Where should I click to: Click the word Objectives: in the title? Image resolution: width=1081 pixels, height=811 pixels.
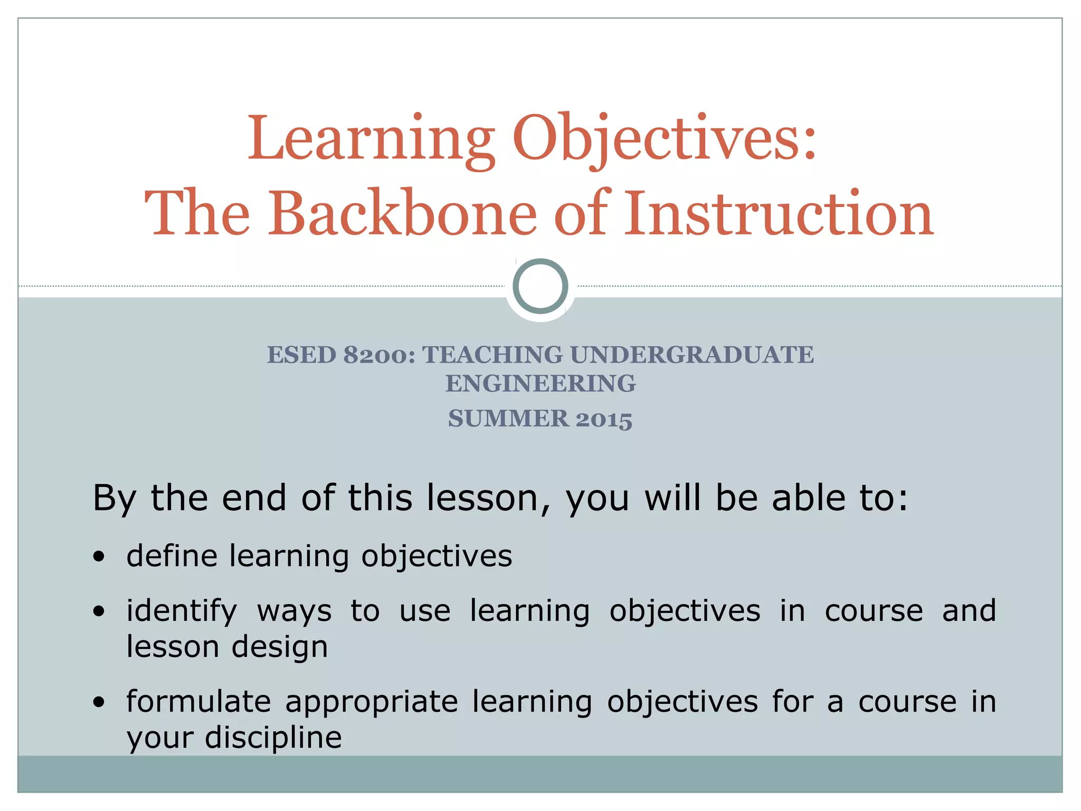(665, 139)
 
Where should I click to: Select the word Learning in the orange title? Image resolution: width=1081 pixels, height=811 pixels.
(371, 139)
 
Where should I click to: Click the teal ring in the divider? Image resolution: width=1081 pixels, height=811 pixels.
(540, 286)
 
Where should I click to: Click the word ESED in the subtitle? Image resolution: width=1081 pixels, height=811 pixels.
(301, 355)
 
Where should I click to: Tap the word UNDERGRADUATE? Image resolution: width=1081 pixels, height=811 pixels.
(691, 355)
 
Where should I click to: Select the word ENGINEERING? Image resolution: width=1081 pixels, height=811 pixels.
(540, 384)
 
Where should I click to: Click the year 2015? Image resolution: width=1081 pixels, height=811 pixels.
(604, 419)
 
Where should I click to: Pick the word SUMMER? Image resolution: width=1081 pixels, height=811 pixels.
(508, 419)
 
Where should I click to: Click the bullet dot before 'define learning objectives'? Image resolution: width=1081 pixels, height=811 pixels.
(99, 557)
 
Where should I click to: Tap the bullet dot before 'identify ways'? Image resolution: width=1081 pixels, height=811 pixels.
(99, 611)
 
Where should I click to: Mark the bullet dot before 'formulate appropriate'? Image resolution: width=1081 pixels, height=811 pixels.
(99, 702)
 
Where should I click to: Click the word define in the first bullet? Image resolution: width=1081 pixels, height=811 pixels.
(172, 556)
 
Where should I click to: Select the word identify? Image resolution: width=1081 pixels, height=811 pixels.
(182, 611)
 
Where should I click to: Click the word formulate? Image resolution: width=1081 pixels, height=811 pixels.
(198, 702)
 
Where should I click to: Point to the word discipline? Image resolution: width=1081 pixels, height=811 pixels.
(273, 738)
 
